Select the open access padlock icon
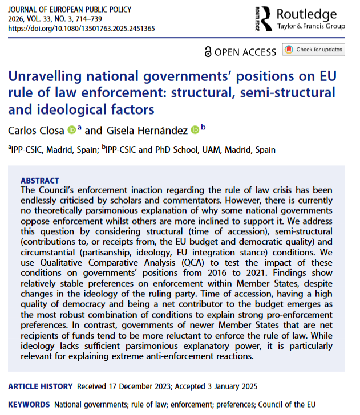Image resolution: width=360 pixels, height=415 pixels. click(208, 52)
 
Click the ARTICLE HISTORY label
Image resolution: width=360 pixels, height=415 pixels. click(39, 386)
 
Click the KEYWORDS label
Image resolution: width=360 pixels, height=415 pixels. click(29, 405)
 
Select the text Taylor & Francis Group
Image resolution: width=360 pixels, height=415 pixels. click(312, 26)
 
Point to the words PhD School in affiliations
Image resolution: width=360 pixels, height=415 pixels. click(171, 150)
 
